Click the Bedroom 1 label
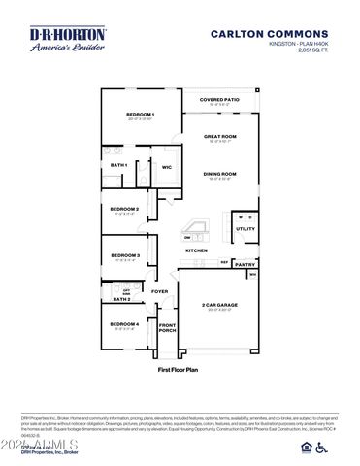[x=141, y=116]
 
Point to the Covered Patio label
[x=218, y=100]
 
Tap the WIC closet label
[x=167, y=167]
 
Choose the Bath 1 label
[x=119, y=165]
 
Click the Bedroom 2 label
[x=124, y=209]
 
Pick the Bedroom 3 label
[x=124, y=255]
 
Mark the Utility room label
[x=245, y=229]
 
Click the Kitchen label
[x=197, y=250]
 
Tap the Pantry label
[x=245, y=263]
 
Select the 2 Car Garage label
[x=219, y=305]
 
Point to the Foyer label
[x=159, y=291]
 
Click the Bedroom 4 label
[x=124, y=323]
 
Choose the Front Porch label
[x=167, y=328]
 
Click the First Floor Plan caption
[x=179, y=370]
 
